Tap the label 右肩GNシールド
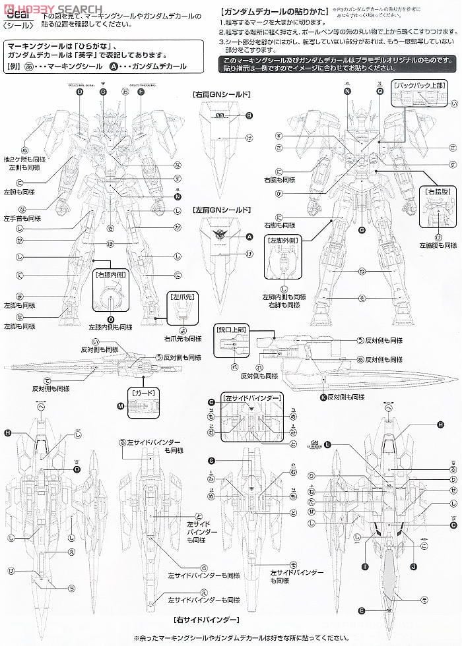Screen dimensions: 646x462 click(x=221, y=95)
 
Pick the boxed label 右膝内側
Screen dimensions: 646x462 click(x=110, y=273)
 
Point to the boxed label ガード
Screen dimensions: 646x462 click(x=145, y=392)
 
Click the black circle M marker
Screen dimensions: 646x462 click(x=121, y=407)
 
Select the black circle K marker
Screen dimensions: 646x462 click(x=323, y=397)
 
